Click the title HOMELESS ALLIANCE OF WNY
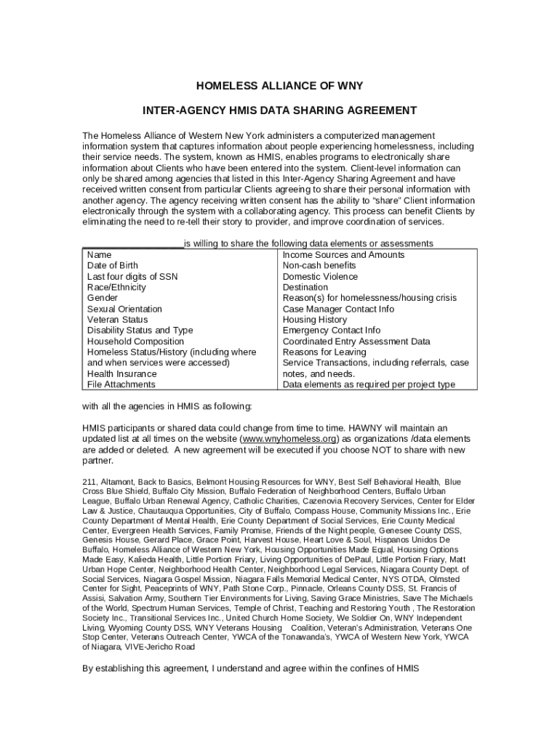[x=279, y=86]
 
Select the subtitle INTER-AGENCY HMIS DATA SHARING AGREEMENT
[x=279, y=110]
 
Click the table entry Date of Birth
[x=112, y=266]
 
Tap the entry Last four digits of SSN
[x=132, y=277]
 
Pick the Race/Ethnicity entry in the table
[x=116, y=288]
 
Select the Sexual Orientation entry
[x=124, y=309]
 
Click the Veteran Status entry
[x=117, y=320]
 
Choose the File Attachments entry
[x=121, y=384]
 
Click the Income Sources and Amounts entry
[x=343, y=255]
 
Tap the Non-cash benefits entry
[x=319, y=266]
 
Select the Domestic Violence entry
[x=320, y=277]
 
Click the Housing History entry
[x=314, y=320]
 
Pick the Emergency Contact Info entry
[x=331, y=331]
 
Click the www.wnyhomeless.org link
[x=289, y=440]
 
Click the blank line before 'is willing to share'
[x=132, y=244]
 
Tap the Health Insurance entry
[x=121, y=373]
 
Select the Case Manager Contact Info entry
[x=338, y=309]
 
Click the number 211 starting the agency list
[x=89, y=482]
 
